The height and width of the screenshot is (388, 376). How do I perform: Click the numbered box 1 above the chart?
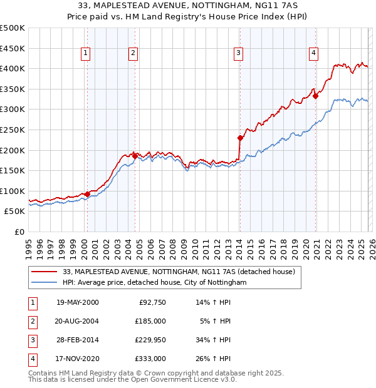[x=85, y=54]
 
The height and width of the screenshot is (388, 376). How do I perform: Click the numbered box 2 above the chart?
[x=133, y=54]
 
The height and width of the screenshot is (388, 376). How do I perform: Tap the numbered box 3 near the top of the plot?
[x=239, y=54]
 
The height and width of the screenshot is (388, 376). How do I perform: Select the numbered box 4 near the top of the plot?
[x=313, y=54]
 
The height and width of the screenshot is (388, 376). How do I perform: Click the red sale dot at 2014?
[x=240, y=138]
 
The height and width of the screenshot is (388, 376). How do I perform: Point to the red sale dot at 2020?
[x=315, y=96]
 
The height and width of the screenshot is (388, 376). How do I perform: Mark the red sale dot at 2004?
[x=135, y=156]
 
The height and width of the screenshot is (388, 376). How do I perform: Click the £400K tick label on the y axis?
[x=12, y=69]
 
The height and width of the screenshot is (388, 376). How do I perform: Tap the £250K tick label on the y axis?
[x=12, y=130]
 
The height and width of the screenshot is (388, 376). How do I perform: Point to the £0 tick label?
[x=19, y=232]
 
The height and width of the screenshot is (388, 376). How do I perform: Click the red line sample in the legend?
[x=45, y=272]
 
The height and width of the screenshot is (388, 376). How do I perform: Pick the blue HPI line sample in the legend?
[x=45, y=283]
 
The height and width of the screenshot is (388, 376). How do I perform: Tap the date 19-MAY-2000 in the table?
[x=78, y=302]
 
